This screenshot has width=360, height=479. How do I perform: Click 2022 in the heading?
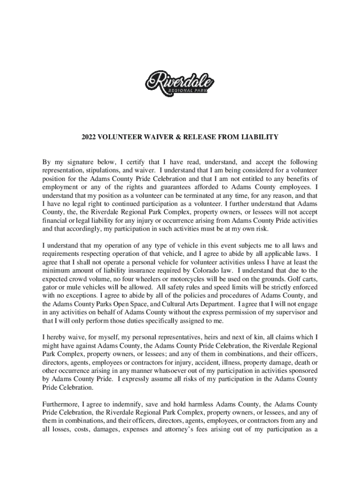pos(89,137)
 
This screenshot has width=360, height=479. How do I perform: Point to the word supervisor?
pos(280,312)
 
